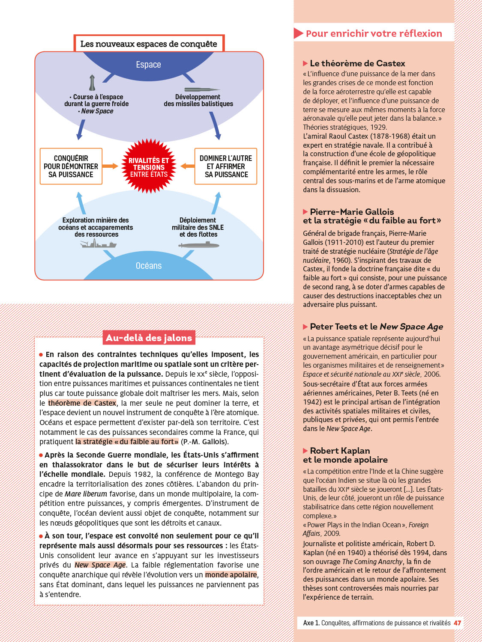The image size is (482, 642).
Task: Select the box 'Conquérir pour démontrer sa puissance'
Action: (x=71, y=166)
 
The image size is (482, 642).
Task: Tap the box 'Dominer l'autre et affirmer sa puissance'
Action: (x=226, y=166)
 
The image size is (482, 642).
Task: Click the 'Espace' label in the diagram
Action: (x=148, y=65)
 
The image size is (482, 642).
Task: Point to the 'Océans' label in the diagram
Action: (x=149, y=266)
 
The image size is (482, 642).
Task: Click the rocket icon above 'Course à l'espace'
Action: (x=92, y=83)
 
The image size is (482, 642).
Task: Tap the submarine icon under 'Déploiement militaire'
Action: (x=199, y=245)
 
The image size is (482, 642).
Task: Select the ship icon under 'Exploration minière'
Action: (x=99, y=244)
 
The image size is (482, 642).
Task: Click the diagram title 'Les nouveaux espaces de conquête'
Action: (x=149, y=44)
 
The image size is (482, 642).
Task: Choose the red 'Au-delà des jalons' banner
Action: (x=149, y=338)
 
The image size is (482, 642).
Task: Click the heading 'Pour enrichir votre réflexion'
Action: (x=374, y=33)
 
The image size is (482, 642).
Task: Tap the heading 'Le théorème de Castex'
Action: (x=357, y=63)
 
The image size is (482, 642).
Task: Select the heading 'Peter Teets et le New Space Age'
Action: (x=376, y=327)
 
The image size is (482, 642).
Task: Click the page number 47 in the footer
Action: (x=458, y=623)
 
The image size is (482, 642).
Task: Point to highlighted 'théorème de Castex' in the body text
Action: (x=82, y=403)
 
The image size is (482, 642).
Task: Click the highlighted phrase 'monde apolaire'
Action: (x=231, y=575)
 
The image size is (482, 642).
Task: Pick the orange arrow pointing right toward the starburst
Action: (x=110, y=166)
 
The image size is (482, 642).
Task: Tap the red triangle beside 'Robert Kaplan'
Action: (x=305, y=451)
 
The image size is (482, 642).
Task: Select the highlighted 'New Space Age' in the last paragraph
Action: (x=100, y=565)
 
